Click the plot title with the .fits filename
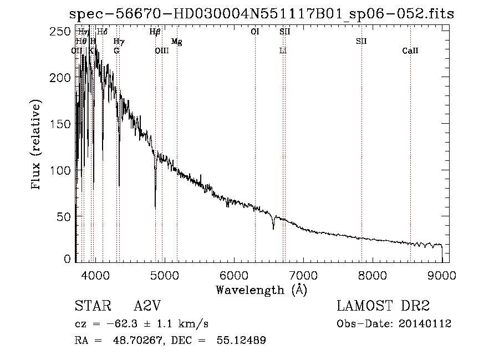coord(261,14)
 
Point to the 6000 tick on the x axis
coord(233,274)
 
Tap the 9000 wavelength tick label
coord(442,274)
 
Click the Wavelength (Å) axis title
coord(261,290)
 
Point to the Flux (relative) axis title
coord(37,145)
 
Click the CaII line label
coord(410,51)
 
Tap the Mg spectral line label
coord(176,42)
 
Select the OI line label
coord(255,32)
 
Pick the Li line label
coord(283,51)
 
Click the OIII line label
coord(161,51)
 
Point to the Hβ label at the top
coord(155,32)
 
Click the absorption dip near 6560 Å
coord(273,227)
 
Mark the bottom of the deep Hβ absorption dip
coord(155,207)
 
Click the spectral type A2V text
coord(147,307)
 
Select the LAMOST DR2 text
coord(383,307)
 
